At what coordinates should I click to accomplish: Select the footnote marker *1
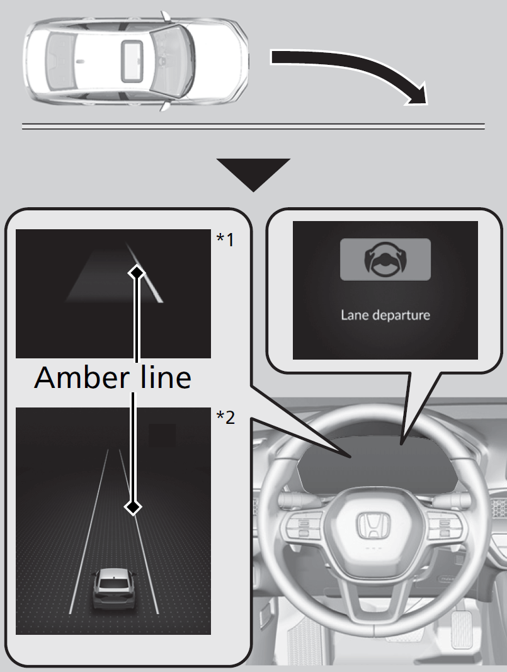(225, 240)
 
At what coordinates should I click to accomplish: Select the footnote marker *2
(225, 417)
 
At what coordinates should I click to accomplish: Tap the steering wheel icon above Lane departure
(385, 259)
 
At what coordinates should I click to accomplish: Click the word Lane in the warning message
(353, 314)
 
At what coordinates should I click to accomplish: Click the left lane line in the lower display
(89, 529)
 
